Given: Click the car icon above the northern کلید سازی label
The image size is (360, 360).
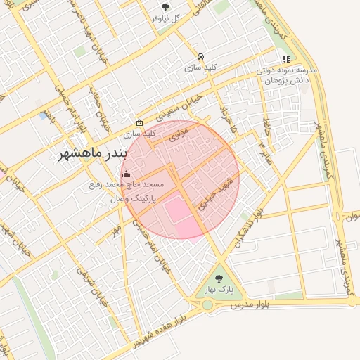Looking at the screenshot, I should (x=201, y=56).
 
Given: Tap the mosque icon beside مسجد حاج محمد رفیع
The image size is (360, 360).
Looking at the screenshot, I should (x=126, y=174).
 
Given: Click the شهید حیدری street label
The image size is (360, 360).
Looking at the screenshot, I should (x=210, y=195).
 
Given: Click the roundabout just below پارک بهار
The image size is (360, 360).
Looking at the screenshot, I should (x=208, y=304).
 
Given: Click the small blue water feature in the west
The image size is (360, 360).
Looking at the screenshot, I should (x=45, y=115).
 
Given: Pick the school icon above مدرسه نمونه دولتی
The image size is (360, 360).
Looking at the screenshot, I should (x=285, y=60).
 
